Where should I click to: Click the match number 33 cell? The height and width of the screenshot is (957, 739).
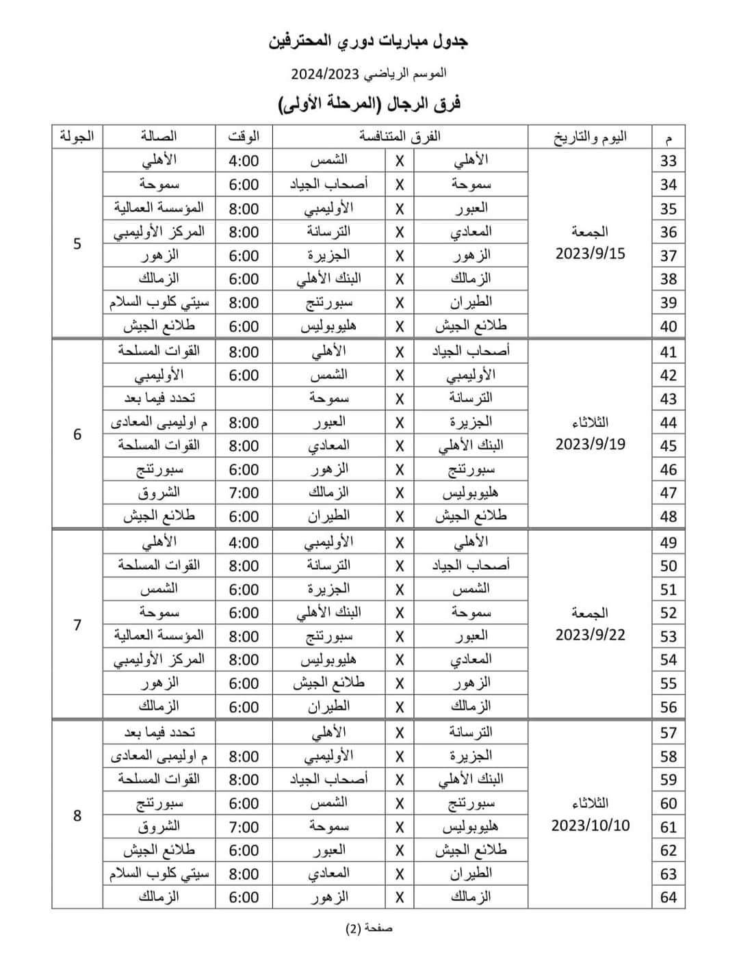pos(668,161)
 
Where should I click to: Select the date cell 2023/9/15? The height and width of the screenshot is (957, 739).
pos(591,254)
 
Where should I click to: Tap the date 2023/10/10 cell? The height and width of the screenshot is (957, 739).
pos(591,825)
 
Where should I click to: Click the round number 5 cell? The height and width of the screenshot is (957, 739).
pos(77,244)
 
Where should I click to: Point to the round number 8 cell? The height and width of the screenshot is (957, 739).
pos(77,815)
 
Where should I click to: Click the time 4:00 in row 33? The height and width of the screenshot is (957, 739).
pos(244,161)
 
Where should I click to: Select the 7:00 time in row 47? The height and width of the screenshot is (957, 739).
pos(244,493)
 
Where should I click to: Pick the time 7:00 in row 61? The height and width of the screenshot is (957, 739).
pos(244,827)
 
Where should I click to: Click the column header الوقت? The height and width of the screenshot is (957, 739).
pos(244,137)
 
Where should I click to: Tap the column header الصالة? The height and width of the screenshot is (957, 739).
pos(159,137)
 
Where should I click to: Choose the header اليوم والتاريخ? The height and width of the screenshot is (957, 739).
pos(590,137)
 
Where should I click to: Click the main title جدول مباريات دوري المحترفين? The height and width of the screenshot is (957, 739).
pos(369,42)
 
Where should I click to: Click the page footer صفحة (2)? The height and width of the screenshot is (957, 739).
pos(369,928)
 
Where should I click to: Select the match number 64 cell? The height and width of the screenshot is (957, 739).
pos(668,897)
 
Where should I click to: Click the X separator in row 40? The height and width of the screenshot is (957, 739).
pos(400,326)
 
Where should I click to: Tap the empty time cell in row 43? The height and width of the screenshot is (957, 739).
pos(244,399)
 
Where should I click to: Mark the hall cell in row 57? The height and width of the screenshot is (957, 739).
pos(159,733)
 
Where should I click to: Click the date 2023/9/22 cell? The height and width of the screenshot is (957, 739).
pos(591,634)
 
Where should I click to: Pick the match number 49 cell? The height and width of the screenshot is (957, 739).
pos(668,542)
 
